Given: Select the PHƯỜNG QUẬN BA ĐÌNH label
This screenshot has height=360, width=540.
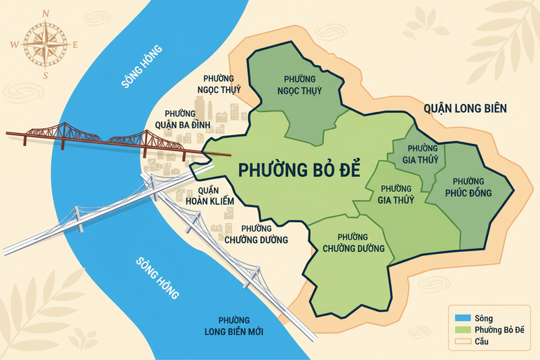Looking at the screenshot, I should coord(183,120).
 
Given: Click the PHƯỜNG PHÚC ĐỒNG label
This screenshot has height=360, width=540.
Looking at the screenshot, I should coord(468,188).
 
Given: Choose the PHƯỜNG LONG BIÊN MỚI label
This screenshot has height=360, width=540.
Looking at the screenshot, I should coord(234,326).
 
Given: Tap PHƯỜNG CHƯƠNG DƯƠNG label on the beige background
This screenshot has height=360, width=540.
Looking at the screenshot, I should coord(256,234).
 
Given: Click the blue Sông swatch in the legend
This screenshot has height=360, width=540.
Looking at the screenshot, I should coord(460,317).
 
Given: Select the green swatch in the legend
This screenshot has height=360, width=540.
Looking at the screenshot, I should coord(460,330).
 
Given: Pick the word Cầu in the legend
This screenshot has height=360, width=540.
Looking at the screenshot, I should coord(481,342).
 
